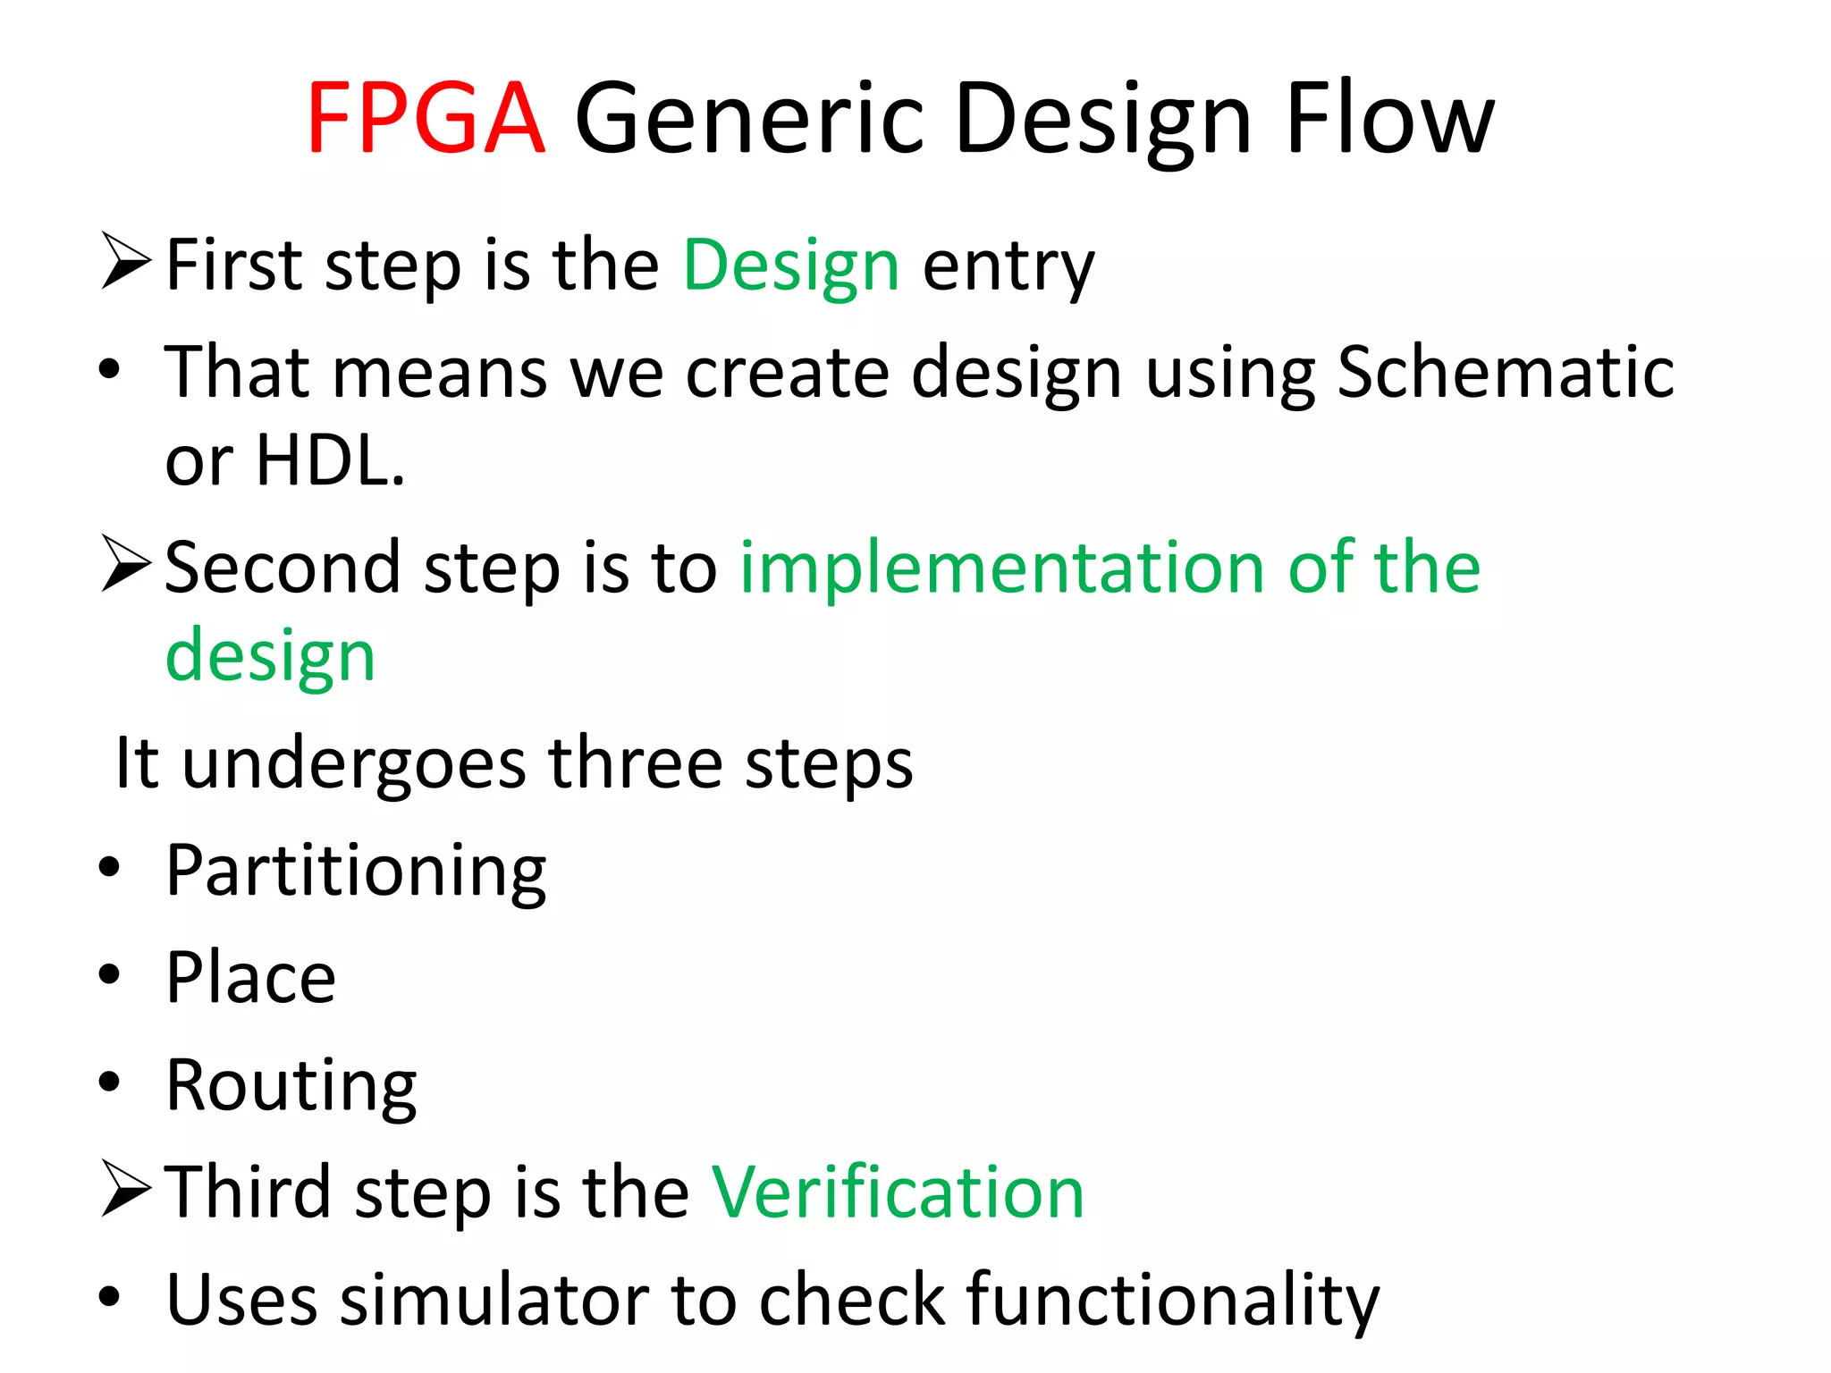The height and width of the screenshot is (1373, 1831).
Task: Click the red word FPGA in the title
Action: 426,118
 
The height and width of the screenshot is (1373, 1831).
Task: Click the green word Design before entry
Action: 791,266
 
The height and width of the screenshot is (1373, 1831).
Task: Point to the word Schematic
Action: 1505,372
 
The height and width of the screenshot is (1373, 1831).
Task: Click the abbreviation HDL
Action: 329,460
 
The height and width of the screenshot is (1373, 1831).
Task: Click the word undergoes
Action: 354,764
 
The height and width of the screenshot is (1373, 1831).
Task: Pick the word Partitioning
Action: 356,872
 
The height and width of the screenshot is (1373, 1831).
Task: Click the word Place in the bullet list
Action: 251,978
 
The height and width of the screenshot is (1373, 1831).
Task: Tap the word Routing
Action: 291,1086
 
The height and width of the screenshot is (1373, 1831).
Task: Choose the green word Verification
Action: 897,1192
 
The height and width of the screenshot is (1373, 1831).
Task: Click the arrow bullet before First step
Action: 125,260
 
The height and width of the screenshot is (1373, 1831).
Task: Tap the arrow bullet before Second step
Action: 125,563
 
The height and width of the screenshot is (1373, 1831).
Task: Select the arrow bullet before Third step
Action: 125,1188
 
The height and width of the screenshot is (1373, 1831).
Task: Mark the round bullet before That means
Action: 109,368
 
